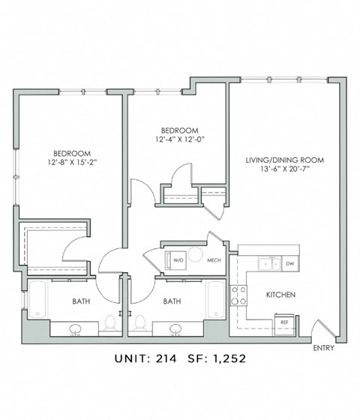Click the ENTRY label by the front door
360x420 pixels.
click(x=323, y=348)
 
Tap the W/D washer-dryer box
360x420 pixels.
click(x=175, y=260)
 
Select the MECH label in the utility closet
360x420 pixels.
click(x=214, y=260)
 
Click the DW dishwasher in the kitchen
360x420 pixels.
click(x=290, y=263)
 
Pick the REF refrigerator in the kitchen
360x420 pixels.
click(x=284, y=325)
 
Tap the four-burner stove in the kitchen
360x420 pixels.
click(x=238, y=295)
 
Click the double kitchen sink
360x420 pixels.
click(x=270, y=263)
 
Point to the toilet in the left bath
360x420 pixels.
click(x=109, y=322)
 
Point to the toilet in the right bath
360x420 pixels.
click(x=139, y=322)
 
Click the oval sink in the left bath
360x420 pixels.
click(x=76, y=329)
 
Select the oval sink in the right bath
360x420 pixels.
click(x=175, y=329)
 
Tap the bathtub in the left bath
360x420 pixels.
click(x=37, y=299)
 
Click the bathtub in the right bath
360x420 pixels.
click(x=216, y=299)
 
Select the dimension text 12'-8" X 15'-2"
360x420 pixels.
click(x=72, y=162)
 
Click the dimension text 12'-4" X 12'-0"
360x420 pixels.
click(x=180, y=139)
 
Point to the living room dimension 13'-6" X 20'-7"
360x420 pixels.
click(x=285, y=169)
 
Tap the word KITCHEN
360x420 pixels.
click(x=280, y=295)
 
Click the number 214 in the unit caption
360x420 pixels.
click(x=166, y=358)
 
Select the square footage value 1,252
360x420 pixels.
click(x=229, y=358)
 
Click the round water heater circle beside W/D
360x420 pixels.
click(x=195, y=254)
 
